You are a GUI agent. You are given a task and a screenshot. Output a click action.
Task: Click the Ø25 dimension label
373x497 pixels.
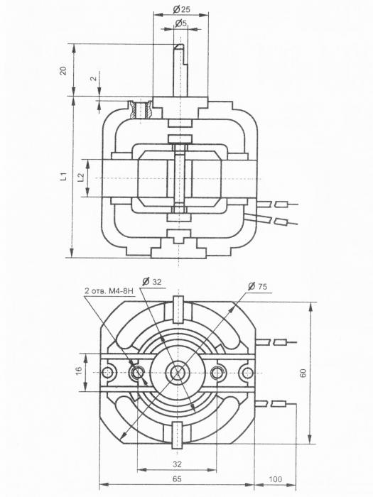181,9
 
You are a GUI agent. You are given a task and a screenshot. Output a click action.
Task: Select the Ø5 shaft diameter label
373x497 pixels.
180,23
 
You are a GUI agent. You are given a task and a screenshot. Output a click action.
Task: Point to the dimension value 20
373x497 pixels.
64,70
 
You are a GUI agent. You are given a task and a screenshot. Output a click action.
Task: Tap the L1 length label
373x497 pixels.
64,176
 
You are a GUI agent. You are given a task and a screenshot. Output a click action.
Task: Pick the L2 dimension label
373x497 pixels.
81,177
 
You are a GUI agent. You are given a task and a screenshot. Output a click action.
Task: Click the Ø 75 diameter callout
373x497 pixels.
257,286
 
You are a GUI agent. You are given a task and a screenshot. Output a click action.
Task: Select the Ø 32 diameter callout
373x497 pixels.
152,281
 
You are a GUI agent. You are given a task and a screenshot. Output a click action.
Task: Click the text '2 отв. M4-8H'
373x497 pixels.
109,290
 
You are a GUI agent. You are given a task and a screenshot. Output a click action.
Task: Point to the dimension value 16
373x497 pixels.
79,370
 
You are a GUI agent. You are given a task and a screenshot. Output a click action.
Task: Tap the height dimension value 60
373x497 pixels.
303,373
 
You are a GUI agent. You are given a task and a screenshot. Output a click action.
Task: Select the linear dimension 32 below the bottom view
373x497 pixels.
178,464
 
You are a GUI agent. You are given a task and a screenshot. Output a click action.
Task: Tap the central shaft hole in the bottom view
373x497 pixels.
178,372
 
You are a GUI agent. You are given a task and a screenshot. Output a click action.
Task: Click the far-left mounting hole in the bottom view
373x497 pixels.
109,372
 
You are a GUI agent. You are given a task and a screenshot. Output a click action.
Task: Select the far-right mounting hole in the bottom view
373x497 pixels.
246,372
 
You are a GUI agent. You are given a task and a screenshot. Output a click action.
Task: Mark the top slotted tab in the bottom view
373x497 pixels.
178,309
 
